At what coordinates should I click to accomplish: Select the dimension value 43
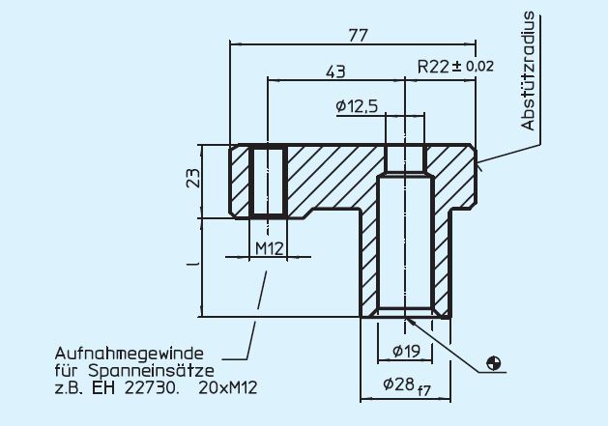coord(336,72)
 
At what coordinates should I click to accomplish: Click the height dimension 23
coord(193,181)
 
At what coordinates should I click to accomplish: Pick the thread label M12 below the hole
coord(268,248)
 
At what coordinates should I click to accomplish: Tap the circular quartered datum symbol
coord(495,363)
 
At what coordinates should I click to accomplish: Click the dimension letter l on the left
coord(193,263)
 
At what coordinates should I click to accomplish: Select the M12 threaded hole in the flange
coord(268,181)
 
